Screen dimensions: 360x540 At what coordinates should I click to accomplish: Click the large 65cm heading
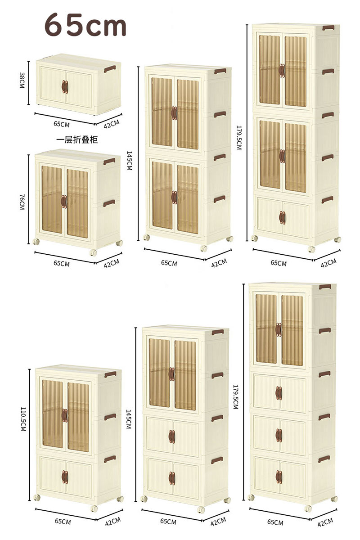[85, 25]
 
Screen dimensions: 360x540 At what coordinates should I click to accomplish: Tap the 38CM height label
[22, 80]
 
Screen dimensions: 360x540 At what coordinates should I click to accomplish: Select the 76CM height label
[22, 202]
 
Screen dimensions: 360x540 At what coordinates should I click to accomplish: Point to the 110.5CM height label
[23, 419]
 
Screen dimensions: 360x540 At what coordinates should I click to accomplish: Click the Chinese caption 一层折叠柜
[77, 140]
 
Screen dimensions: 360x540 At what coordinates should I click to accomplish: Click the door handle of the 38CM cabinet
[65, 87]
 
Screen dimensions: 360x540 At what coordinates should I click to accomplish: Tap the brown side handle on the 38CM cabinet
[110, 69]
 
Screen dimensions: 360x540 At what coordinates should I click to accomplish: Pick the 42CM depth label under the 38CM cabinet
[112, 124]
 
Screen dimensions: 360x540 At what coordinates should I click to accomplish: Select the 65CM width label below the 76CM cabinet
[62, 263]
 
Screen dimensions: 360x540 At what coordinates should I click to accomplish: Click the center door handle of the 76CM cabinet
[64, 202]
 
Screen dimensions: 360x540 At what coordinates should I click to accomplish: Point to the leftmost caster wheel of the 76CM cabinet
[36, 242]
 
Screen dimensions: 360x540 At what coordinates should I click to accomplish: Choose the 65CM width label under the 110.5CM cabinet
[63, 522]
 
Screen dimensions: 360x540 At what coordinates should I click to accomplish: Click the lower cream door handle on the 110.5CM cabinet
[65, 477]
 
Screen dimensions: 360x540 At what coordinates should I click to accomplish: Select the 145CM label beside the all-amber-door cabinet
[130, 161]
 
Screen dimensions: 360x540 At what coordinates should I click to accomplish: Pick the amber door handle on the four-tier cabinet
[279, 329]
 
